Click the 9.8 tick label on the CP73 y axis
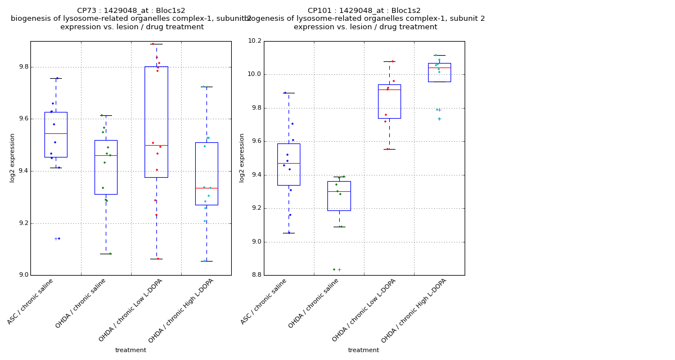point(22,67)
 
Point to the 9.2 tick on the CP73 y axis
point(22,223)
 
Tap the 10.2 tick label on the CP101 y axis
point(254,41)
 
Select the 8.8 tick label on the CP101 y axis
point(256,275)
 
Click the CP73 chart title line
point(131,11)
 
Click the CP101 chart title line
point(364,11)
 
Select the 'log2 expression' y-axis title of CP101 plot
point(242,158)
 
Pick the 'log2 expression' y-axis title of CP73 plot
point(12,158)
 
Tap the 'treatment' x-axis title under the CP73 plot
point(130,350)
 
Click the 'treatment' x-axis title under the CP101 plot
point(363,350)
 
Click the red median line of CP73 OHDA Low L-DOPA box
point(156,145)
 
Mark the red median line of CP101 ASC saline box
point(289,163)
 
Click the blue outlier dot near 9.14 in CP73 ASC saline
point(59,238)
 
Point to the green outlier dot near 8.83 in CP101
point(334,269)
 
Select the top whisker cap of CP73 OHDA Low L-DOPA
point(156,44)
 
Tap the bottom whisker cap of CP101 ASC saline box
point(289,233)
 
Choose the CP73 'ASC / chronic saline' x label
point(31,301)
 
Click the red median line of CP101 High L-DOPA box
point(439,67)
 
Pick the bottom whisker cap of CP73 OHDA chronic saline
point(106,254)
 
